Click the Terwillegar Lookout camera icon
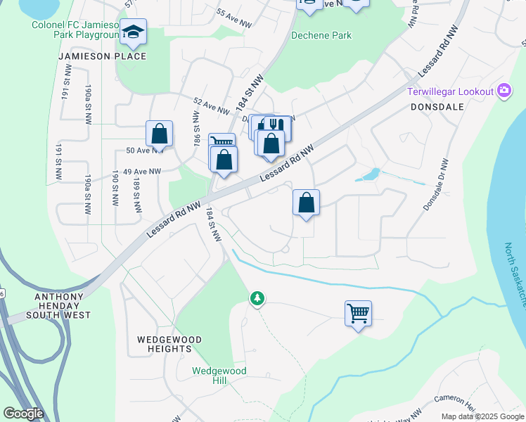point(503,91)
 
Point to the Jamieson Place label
point(103,56)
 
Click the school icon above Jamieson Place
point(133,31)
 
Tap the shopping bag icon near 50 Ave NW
point(160,134)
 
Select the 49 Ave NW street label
point(142,171)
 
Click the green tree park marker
point(257,298)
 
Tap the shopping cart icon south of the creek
point(358,313)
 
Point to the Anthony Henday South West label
point(63,306)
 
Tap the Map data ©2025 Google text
point(482,416)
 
